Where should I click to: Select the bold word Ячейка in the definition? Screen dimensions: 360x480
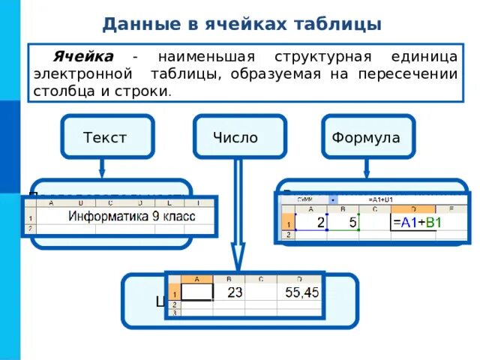pyautogui.click(x=82, y=58)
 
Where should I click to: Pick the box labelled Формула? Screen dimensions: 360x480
pyautogui.click(x=366, y=137)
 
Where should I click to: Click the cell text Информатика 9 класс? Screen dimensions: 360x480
pyautogui.click(x=131, y=217)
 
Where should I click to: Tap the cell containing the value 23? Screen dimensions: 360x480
pyautogui.click(x=235, y=292)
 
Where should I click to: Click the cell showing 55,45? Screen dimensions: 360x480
pyautogui.click(x=300, y=292)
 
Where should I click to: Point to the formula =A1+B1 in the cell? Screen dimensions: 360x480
pyautogui.click(x=417, y=222)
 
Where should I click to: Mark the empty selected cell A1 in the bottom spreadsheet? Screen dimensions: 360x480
pyautogui.click(x=197, y=292)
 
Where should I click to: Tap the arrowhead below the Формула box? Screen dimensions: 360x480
pyautogui.click(x=367, y=171)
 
